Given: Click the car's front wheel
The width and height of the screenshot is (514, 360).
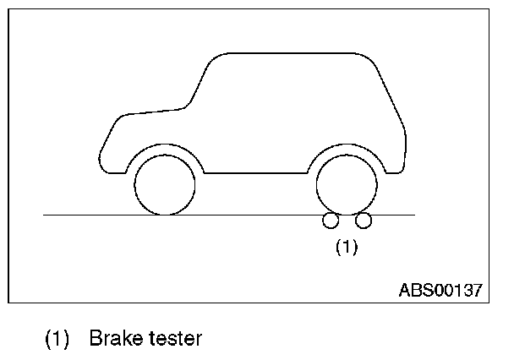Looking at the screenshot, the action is click(165, 185).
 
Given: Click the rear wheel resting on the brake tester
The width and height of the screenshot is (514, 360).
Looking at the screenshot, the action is click(346, 185).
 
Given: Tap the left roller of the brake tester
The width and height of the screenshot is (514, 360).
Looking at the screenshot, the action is click(331, 221).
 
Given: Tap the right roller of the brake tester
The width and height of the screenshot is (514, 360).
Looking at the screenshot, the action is click(364, 221).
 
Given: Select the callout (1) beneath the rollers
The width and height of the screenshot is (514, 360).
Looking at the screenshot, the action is click(347, 248).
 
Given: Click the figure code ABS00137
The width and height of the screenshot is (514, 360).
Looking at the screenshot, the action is click(440, 290).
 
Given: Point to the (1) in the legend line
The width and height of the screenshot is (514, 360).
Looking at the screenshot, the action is click(57, 340).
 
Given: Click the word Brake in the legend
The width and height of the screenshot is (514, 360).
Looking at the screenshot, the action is click(110, 340).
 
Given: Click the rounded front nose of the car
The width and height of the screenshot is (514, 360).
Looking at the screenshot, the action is click(103, 152).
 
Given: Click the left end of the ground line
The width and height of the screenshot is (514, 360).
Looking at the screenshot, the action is click(45, 215).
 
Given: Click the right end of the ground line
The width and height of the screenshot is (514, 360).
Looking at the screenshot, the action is click(413, 215).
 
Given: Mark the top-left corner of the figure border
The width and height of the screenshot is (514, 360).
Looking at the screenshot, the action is click(9, 9).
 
